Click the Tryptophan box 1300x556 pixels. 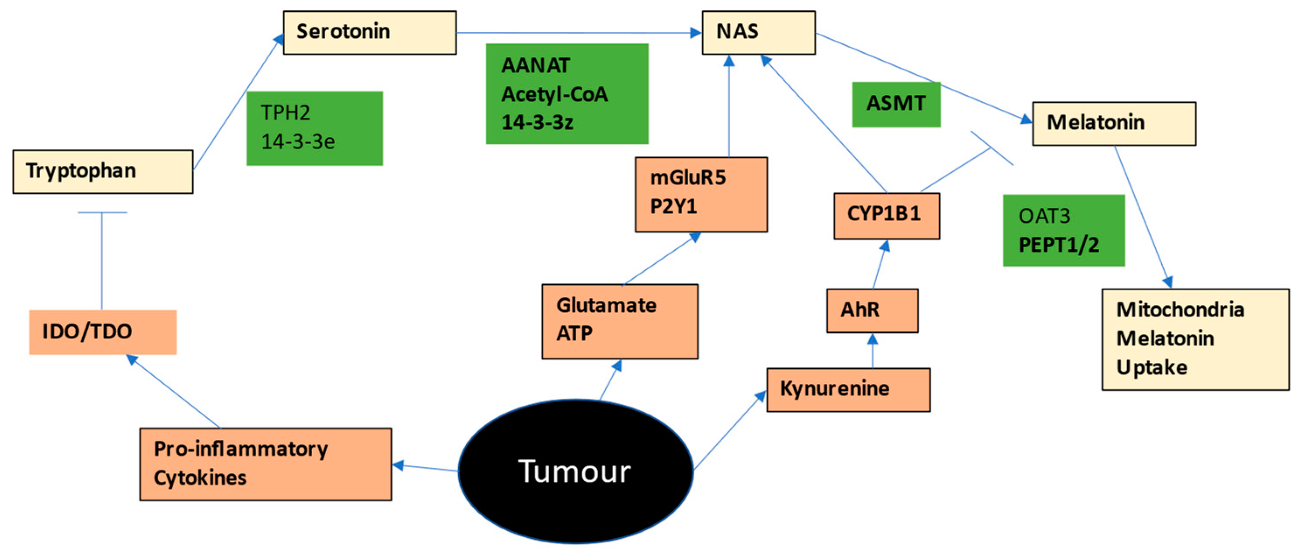point(103,171)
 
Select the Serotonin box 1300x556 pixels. point(369,33)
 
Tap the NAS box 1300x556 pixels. point(759,33)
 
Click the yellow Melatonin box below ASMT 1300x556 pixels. point(1114,124)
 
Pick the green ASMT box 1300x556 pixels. point(896,104)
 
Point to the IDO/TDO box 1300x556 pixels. point(103,332)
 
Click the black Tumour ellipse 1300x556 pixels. point(575,471)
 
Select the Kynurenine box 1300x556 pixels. point(848,389)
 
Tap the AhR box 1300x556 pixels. point(872,311)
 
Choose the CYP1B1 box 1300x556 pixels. point(887,215)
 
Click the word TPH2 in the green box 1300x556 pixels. point(285,112)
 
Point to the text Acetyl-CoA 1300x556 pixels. point(554,94)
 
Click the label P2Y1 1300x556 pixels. point(673,206)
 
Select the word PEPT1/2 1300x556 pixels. point(1059,245)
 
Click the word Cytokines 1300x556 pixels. point(200,478)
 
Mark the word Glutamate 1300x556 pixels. point(606,305)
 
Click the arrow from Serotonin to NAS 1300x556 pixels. point(579,33)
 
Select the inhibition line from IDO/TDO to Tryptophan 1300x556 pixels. point(102,261)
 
